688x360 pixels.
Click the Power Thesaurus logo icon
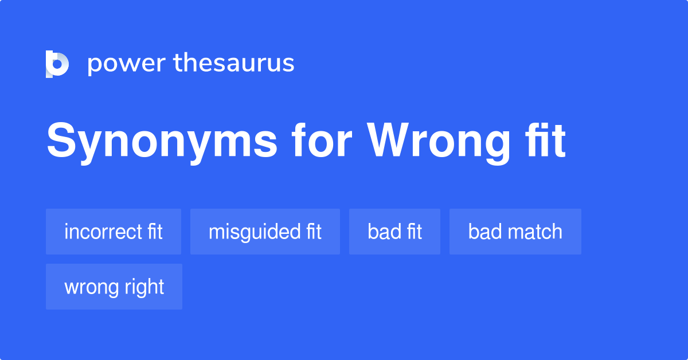pos(57,64)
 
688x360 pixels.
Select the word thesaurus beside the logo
pos(234,64)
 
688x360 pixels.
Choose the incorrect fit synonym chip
pos(114,232)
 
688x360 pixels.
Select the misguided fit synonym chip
pos(265,232)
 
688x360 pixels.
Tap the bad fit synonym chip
pos(394,232)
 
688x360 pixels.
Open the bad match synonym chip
pos(515,232)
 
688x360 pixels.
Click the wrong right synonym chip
pos(114,287)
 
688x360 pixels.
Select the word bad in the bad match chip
pos(480,232)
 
